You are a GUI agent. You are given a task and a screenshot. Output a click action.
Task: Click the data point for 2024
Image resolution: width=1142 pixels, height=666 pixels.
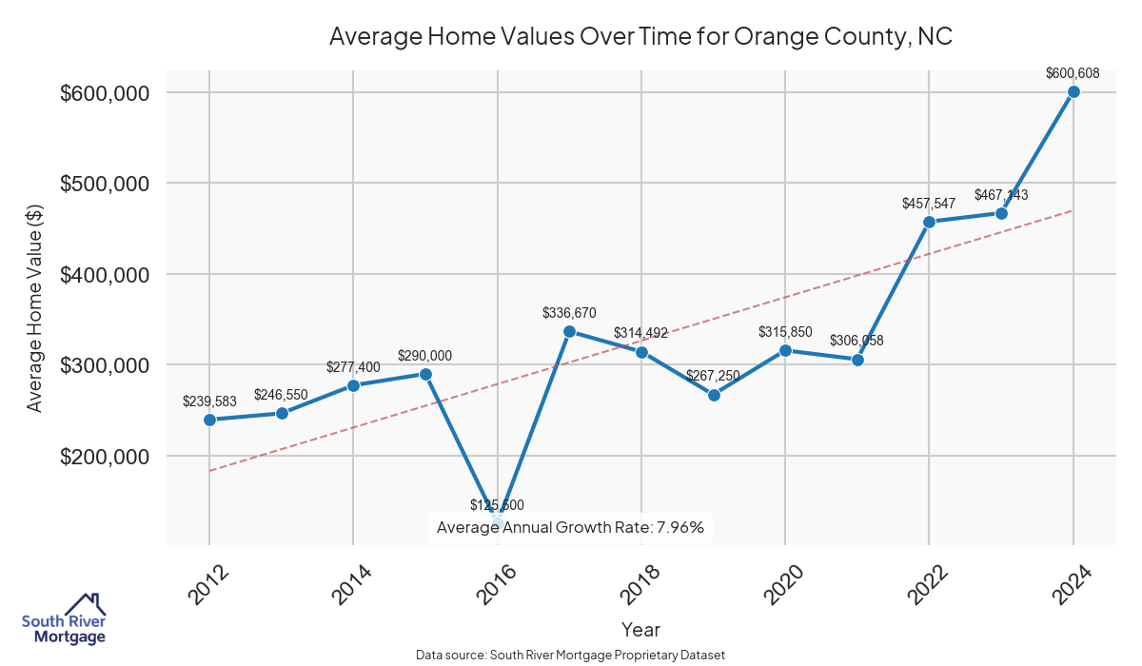point(1073,92)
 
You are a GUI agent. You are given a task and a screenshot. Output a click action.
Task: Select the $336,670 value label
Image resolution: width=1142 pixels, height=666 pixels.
point(569,312)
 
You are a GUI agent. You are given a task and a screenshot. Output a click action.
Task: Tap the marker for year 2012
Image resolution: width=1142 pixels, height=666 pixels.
point(209,420)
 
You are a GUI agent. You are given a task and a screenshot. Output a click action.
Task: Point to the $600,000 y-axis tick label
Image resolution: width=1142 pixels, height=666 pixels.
point(105,93)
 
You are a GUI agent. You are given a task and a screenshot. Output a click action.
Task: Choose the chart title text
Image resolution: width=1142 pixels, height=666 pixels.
point(640,37)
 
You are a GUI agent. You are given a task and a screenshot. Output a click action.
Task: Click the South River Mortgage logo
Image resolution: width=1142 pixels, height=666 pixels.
point(65,619)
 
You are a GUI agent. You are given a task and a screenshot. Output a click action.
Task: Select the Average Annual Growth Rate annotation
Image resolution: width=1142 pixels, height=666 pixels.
point(570,527)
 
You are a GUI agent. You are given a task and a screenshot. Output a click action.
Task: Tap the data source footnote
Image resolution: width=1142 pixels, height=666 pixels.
point(570,655)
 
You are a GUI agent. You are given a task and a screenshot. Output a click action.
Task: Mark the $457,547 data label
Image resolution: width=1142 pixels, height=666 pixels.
point(929,204)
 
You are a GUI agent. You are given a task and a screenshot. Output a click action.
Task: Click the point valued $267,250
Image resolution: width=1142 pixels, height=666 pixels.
point(714,395)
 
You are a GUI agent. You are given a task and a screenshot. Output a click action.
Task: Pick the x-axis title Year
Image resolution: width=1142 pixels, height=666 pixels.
point(640,629)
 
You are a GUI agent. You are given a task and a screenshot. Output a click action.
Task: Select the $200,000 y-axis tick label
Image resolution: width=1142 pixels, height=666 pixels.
point(105,457)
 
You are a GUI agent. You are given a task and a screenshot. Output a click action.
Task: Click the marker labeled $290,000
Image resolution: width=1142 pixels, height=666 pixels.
point(425,374)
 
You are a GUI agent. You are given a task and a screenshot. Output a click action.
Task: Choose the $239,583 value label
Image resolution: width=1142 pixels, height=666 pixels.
point(209,402)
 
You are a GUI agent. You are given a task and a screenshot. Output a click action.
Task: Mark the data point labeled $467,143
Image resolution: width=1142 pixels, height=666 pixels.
point(1001,213)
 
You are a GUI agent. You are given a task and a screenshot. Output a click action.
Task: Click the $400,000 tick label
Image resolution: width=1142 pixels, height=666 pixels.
point(105,275)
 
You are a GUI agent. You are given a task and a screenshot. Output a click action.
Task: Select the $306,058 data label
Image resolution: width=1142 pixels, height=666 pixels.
point(856,340)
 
